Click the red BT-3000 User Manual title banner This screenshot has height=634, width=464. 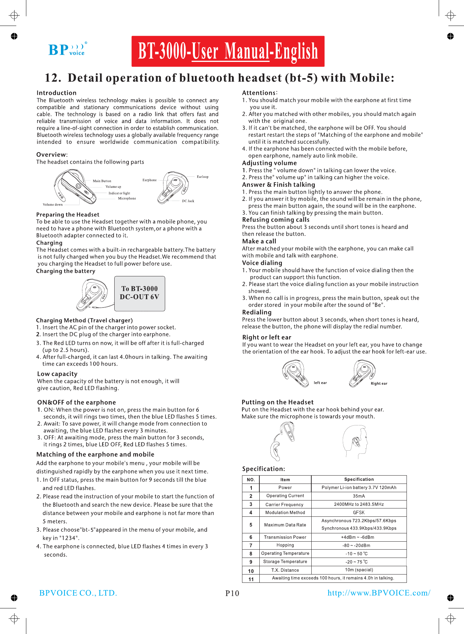pyautogui.click(x=228, y=51)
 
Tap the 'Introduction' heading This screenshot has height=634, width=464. pyautogui.click(x=56, y=93)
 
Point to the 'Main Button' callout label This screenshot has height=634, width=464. pyautogui.click(x=102, y=181)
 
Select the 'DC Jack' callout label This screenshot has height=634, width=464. pyautogui.click(x=188, y=201)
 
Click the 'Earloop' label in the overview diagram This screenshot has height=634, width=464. pyautogui.click(x=203, y=177)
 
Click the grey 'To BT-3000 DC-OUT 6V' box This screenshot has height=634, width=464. pyautogui.click(x=140, y=293)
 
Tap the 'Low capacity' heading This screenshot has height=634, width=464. pyautogui.click(x=57, y=374)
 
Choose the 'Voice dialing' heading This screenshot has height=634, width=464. pyautogui.click(x=262, y=263)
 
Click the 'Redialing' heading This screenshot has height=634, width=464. pyautogui.click(x=257, y=312)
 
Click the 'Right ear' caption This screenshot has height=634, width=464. pyautogui.click(x=379, y=384)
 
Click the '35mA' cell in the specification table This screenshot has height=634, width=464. pyautogui.click(x=359, y=496)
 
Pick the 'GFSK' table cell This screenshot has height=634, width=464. pyautogui.click(x=359, y=513)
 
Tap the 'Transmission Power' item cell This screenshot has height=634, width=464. pyautogui.click(x=285, y=537)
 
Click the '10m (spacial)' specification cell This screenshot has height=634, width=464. pyautogui.click(x=359, y=570)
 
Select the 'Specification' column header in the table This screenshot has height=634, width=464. pyautogui.click(x=359, y=479)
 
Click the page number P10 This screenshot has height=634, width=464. pyautogui.click(x=232, y=593)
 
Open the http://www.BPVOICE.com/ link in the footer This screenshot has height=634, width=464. pyautogui.click(x=379, y=593)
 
